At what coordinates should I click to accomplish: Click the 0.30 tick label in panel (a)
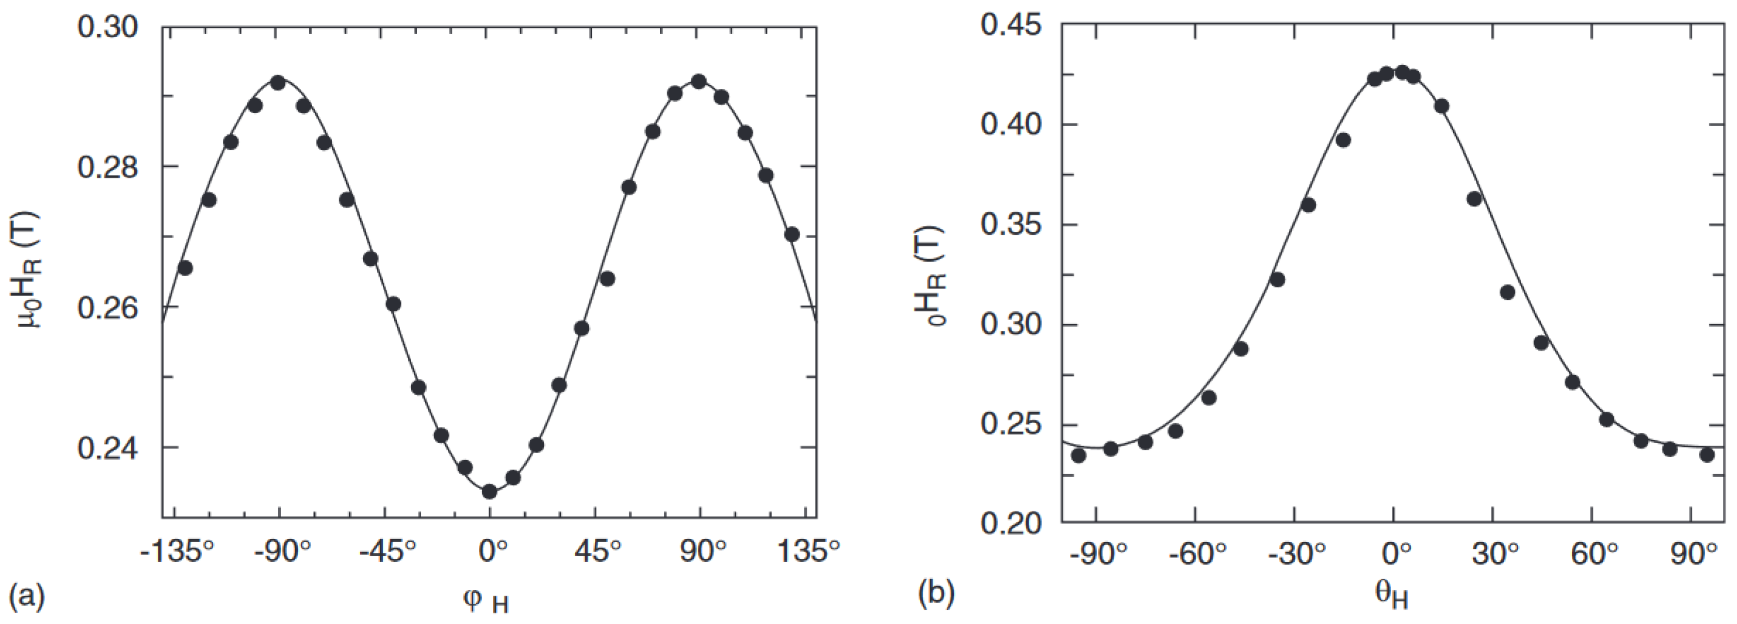[107, 28]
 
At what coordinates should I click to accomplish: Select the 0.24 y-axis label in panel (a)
[107, 449]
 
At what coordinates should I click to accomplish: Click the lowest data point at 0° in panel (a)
[490, 492]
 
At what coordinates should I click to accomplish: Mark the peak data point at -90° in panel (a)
[277, 83]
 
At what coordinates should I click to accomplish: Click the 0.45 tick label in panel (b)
[1011, 27]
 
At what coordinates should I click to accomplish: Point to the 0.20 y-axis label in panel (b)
[1011, 523]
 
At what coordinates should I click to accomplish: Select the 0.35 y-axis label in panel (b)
[1011, 225]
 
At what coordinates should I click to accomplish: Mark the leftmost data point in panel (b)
[1078, 455]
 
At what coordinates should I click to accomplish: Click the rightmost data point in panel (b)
[1706, 455]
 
